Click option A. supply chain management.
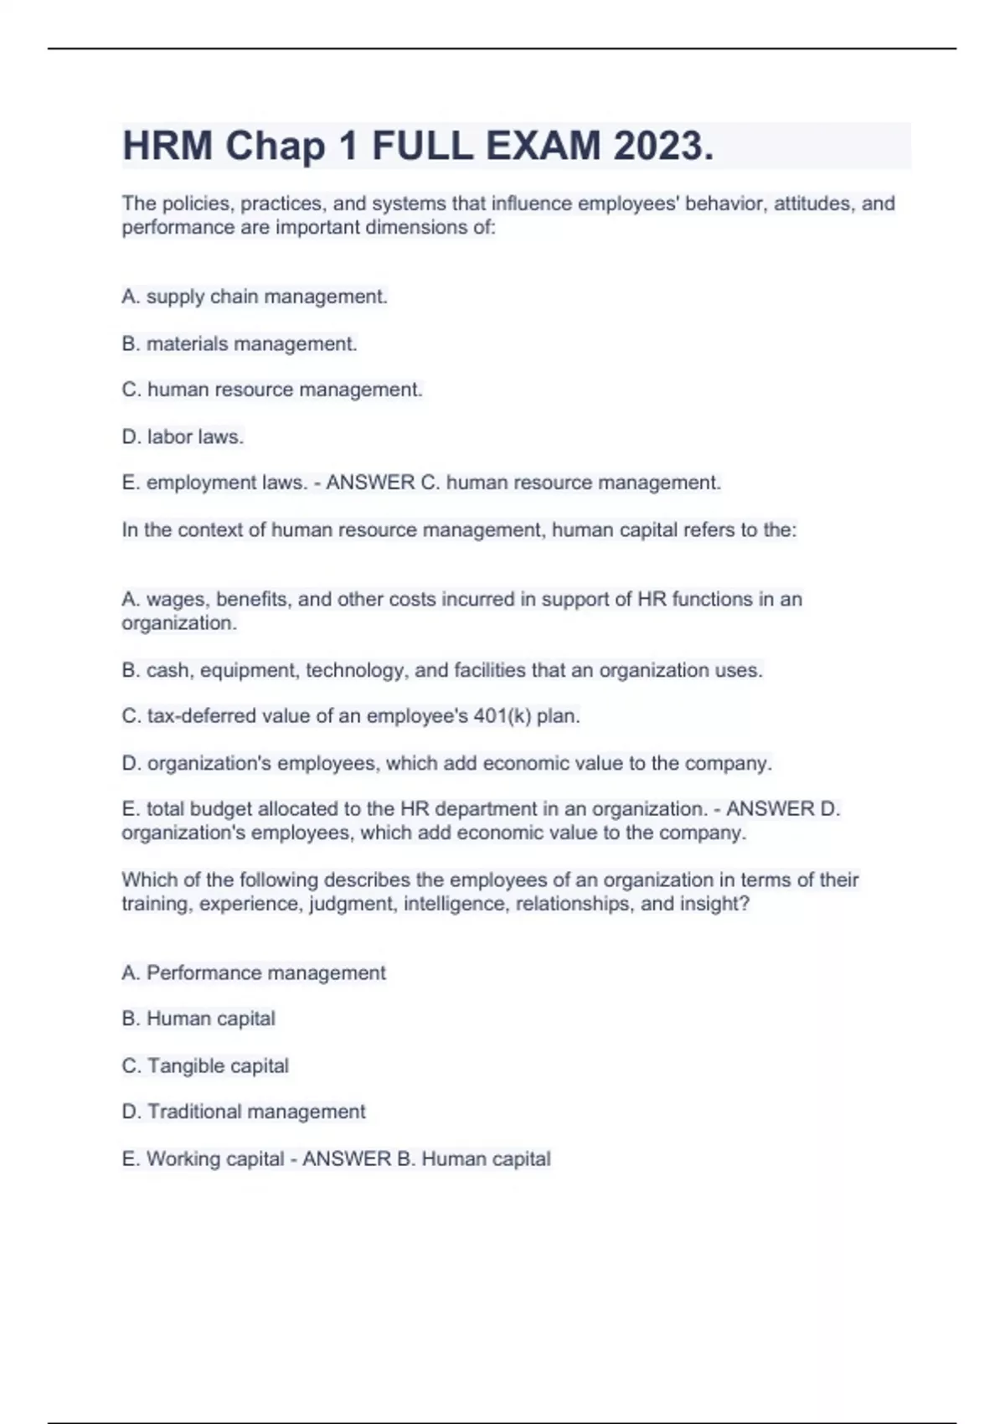click(255, 297)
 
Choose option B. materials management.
click(240, 343)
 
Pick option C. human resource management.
click(272, 390)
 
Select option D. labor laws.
click(183, 436)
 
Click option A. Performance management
click(254, 973)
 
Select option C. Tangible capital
click(205, 1065)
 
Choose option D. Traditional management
click(244, 1112)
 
